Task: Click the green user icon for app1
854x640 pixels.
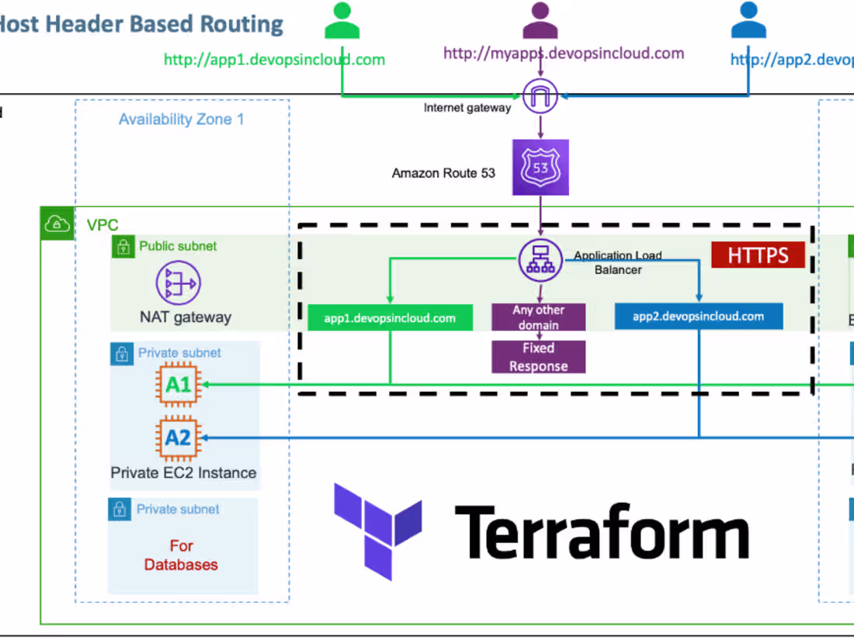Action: click(342, 21)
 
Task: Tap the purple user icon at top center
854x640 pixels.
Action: click(540, 21)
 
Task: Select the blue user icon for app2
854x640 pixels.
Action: click(748, 21)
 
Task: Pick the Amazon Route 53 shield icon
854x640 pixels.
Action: click(540, 168)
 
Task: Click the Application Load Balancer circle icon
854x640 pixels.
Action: click(540, 258)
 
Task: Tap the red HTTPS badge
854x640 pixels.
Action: click(758, 255)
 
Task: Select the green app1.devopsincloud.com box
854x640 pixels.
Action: click(390, 318)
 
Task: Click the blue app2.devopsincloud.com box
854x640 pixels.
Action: click(698, 317)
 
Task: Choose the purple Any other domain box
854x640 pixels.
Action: click(538, 317)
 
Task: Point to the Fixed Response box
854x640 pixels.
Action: click(538, 357)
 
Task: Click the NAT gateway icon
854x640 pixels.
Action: click(179, 283)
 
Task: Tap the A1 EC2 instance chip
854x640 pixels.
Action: click(178, 384)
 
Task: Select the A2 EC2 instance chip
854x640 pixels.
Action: click(178, 438)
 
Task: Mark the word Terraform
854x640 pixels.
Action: click(602, 532)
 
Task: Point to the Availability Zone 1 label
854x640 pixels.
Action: click(181, 119)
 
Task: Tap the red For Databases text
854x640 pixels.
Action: click(181, 555)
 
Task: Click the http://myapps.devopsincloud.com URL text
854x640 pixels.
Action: click(564, 54)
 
